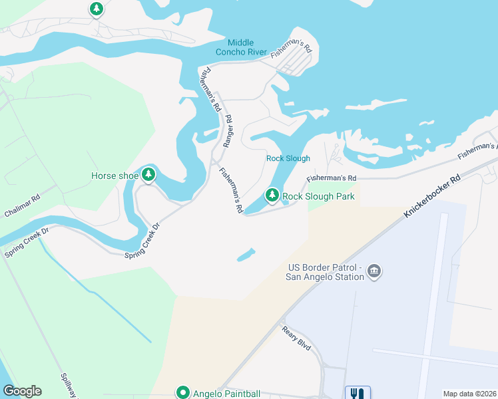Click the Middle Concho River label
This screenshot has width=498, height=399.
click(241, 47)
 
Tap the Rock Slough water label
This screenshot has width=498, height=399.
click(288, 158)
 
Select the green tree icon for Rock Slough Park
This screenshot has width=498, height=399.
click(272, 196)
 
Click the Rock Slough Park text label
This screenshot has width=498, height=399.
click(318, 196)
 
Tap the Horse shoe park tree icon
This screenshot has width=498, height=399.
click(148, 175)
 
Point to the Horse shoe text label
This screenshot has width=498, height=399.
click(115, 176)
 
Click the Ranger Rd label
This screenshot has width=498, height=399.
click(228, 132)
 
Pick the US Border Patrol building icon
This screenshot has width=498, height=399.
click(374, 272)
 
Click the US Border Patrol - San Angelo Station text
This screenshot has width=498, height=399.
click(325, 273)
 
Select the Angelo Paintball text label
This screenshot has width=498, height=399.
click(226, 393)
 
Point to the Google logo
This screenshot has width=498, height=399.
click(22, 391)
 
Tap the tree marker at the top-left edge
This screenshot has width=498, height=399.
click(97, 9)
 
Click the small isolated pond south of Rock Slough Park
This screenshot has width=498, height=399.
click(245, 255)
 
